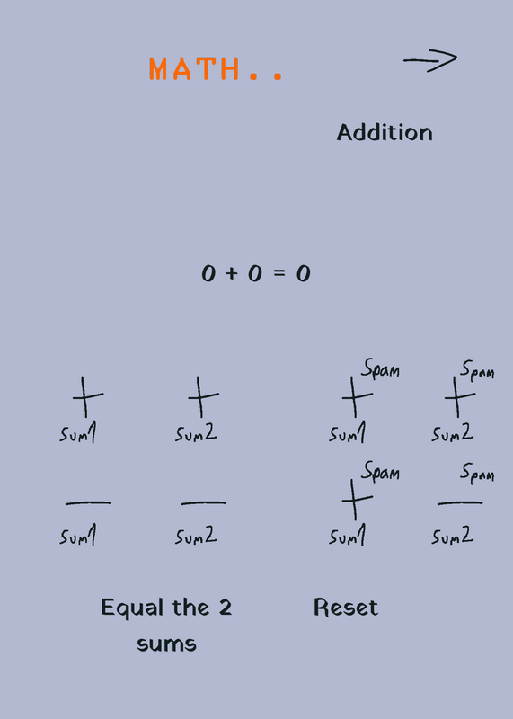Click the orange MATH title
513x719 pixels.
pos(216,69)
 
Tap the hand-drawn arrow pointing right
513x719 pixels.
pos(430,60)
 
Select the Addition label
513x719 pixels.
pos(385,132)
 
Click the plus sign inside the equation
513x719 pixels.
pos(232,273)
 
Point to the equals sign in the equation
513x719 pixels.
pos(279,273)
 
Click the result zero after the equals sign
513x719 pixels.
pos(304,274)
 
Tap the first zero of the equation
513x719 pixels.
pos(208,274)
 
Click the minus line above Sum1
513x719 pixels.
pos(88,503)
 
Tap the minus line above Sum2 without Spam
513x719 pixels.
pos(204,503)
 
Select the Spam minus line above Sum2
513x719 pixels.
pos(460,503)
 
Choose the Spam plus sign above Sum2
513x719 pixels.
pos(459,396)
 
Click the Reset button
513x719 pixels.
pos(346,608)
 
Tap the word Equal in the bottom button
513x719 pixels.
pos(132,608)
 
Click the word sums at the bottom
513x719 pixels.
pos(166,644)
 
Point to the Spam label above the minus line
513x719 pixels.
pos(477,473)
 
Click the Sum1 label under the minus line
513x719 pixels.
pos(78,535)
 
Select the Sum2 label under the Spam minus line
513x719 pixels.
pos(453,535)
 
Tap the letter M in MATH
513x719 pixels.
pos(158,69)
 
